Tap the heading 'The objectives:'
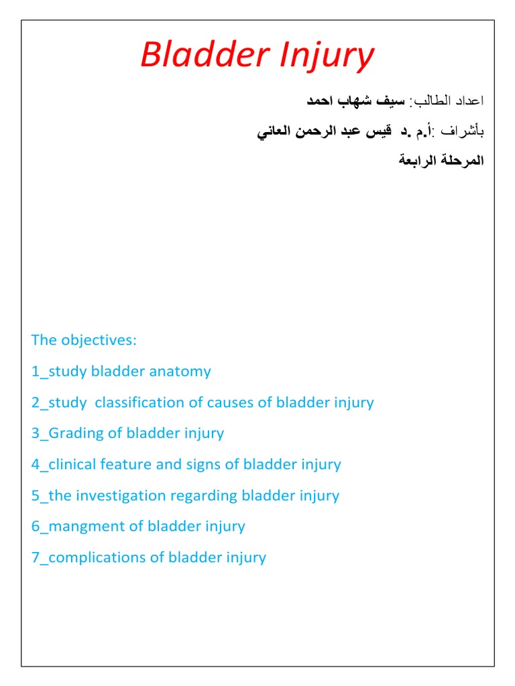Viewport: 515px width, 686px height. coord(84,340)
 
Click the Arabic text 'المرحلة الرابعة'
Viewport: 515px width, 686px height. coord(441,161)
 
